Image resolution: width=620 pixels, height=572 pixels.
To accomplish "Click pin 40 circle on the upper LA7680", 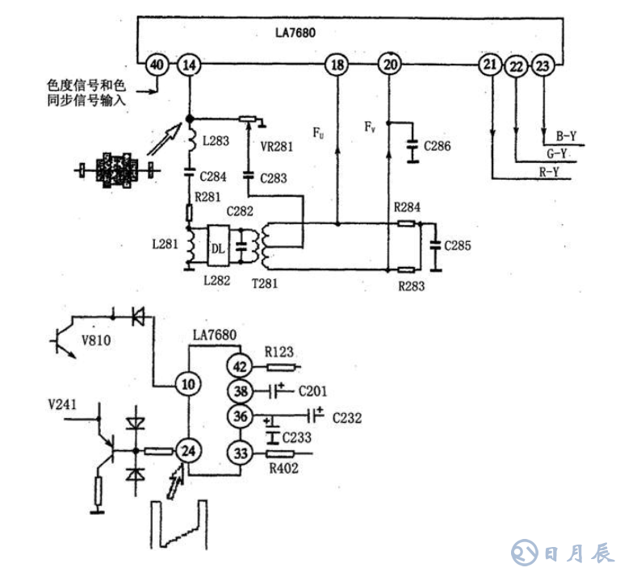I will pyautogui.click(x=157, y=65).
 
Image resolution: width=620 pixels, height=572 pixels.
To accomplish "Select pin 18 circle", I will pyautogui.click(x=337, y=65).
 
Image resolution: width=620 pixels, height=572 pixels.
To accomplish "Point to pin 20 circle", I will pyautogui.click(x=391, y=65).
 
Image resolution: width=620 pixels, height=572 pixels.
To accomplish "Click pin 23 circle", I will pyautogui.click(x=544, y=65).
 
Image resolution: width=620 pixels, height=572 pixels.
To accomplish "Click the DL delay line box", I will pyautogui.click(x=218, y=248).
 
